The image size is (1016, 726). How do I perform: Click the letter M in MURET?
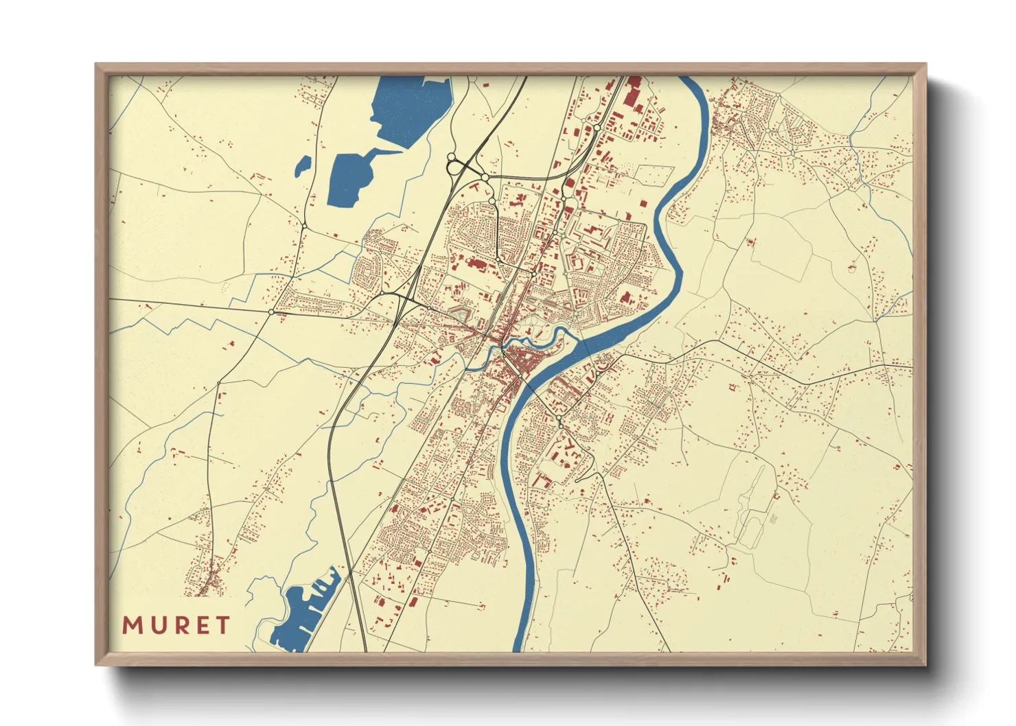coord(132,626)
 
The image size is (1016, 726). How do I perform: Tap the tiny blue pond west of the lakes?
coord(302,166)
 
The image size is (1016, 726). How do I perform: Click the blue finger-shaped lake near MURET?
coord(302,614)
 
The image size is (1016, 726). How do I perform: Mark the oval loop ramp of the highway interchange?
coord(454,165)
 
